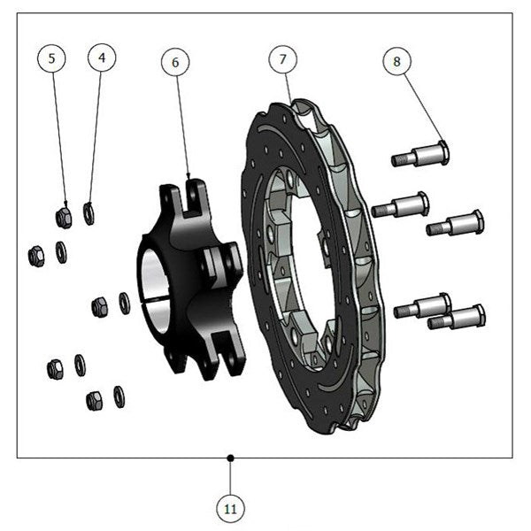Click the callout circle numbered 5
[x=51, y=58]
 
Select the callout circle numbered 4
[x=102, y=58]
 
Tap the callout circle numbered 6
[x=175, y=62]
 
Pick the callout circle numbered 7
[x=283, y=59]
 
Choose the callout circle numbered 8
[x=396, y=61]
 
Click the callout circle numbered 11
[x=230, y=509]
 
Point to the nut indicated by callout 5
[x=64, y=218]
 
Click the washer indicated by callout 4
[x=88, y=213]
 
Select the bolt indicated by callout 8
[x=420, y=154]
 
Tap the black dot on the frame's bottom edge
[x=231, y=458]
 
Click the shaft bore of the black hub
[x=154, y=290]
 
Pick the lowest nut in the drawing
[x=96, y=401]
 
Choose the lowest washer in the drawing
[x=119, y=396]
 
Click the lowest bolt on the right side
[x=457, y=318]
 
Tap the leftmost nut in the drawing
[x=36, y=257]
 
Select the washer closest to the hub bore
[x=125, y=303]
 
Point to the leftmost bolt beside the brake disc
[x=400, y=204]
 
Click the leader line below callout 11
[x=230, y=476]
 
